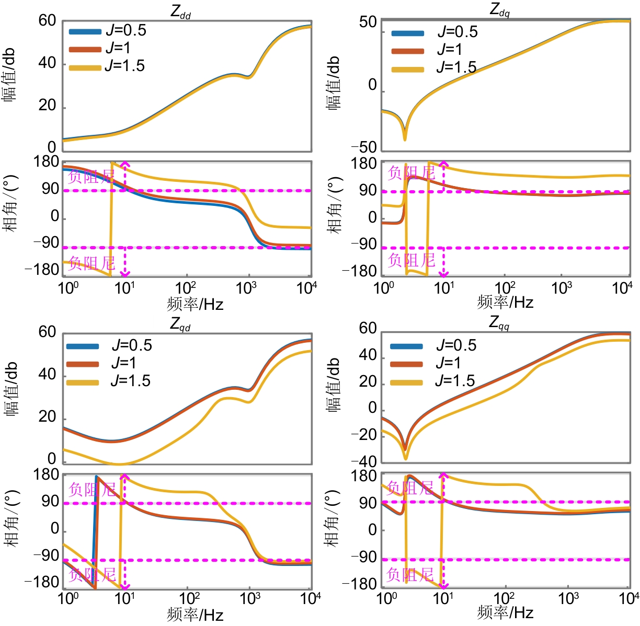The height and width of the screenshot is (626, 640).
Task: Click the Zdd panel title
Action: [181, 12]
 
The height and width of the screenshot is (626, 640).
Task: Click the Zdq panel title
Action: [499, 9]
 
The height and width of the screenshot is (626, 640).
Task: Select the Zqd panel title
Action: [180, 324]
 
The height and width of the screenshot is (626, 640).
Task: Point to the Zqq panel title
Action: [499, 322]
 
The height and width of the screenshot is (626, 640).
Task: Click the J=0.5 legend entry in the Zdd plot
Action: [107, 31]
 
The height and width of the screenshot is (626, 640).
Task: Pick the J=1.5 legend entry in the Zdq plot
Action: [433, 68]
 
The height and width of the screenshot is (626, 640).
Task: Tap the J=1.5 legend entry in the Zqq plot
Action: [432, 381]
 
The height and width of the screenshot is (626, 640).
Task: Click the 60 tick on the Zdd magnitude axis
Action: [47, 21]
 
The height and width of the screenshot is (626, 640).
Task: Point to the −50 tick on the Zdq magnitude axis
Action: [364, 147]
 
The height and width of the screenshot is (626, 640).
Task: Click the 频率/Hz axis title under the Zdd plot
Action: [195, 304]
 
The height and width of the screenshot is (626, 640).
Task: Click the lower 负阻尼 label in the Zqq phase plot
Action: [410, 575]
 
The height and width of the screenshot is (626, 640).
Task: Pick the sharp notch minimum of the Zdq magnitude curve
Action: [405, 139]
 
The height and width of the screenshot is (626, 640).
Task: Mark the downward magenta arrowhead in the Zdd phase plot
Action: [124, 273]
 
